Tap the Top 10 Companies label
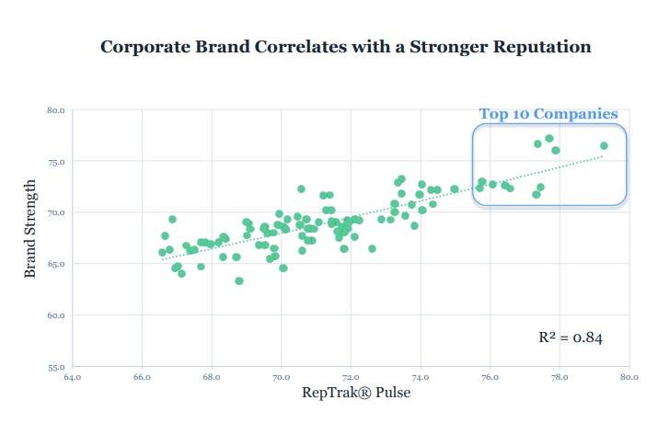pyautogui.click(x=548, y=114)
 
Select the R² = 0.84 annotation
pyautogui.click(x=571, y=337)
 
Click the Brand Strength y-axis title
pyautogui.click(x=29, y=237)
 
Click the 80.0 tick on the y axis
pyautogui.click(x=55, y=110)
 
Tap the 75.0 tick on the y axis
pyautogui.click(x=55, y=162)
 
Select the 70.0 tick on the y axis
pyautogui.click(x=55, y=213)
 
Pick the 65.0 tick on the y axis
pyautogui.click(x=55, y=264)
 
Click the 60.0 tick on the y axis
pyautogui.click(x=55, y=315)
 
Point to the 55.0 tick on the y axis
pyautogui.click(x=55, y=367)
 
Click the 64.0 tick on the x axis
pyautogui.click(x=72, y=377)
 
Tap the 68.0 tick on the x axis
pyautogui.click(x=212, y=377)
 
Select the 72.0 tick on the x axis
pyautogui.click(x=351, y=377)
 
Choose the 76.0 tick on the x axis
pyautogui.click(x=491, y=377)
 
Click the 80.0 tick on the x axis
pyautogui.click(x=629, y=377)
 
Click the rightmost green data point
pyautogui.click(x=605, y=145)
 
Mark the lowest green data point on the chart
pyautogui.click(x=239, y=280)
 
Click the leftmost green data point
pyautogui.click(x=162, y=252)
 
